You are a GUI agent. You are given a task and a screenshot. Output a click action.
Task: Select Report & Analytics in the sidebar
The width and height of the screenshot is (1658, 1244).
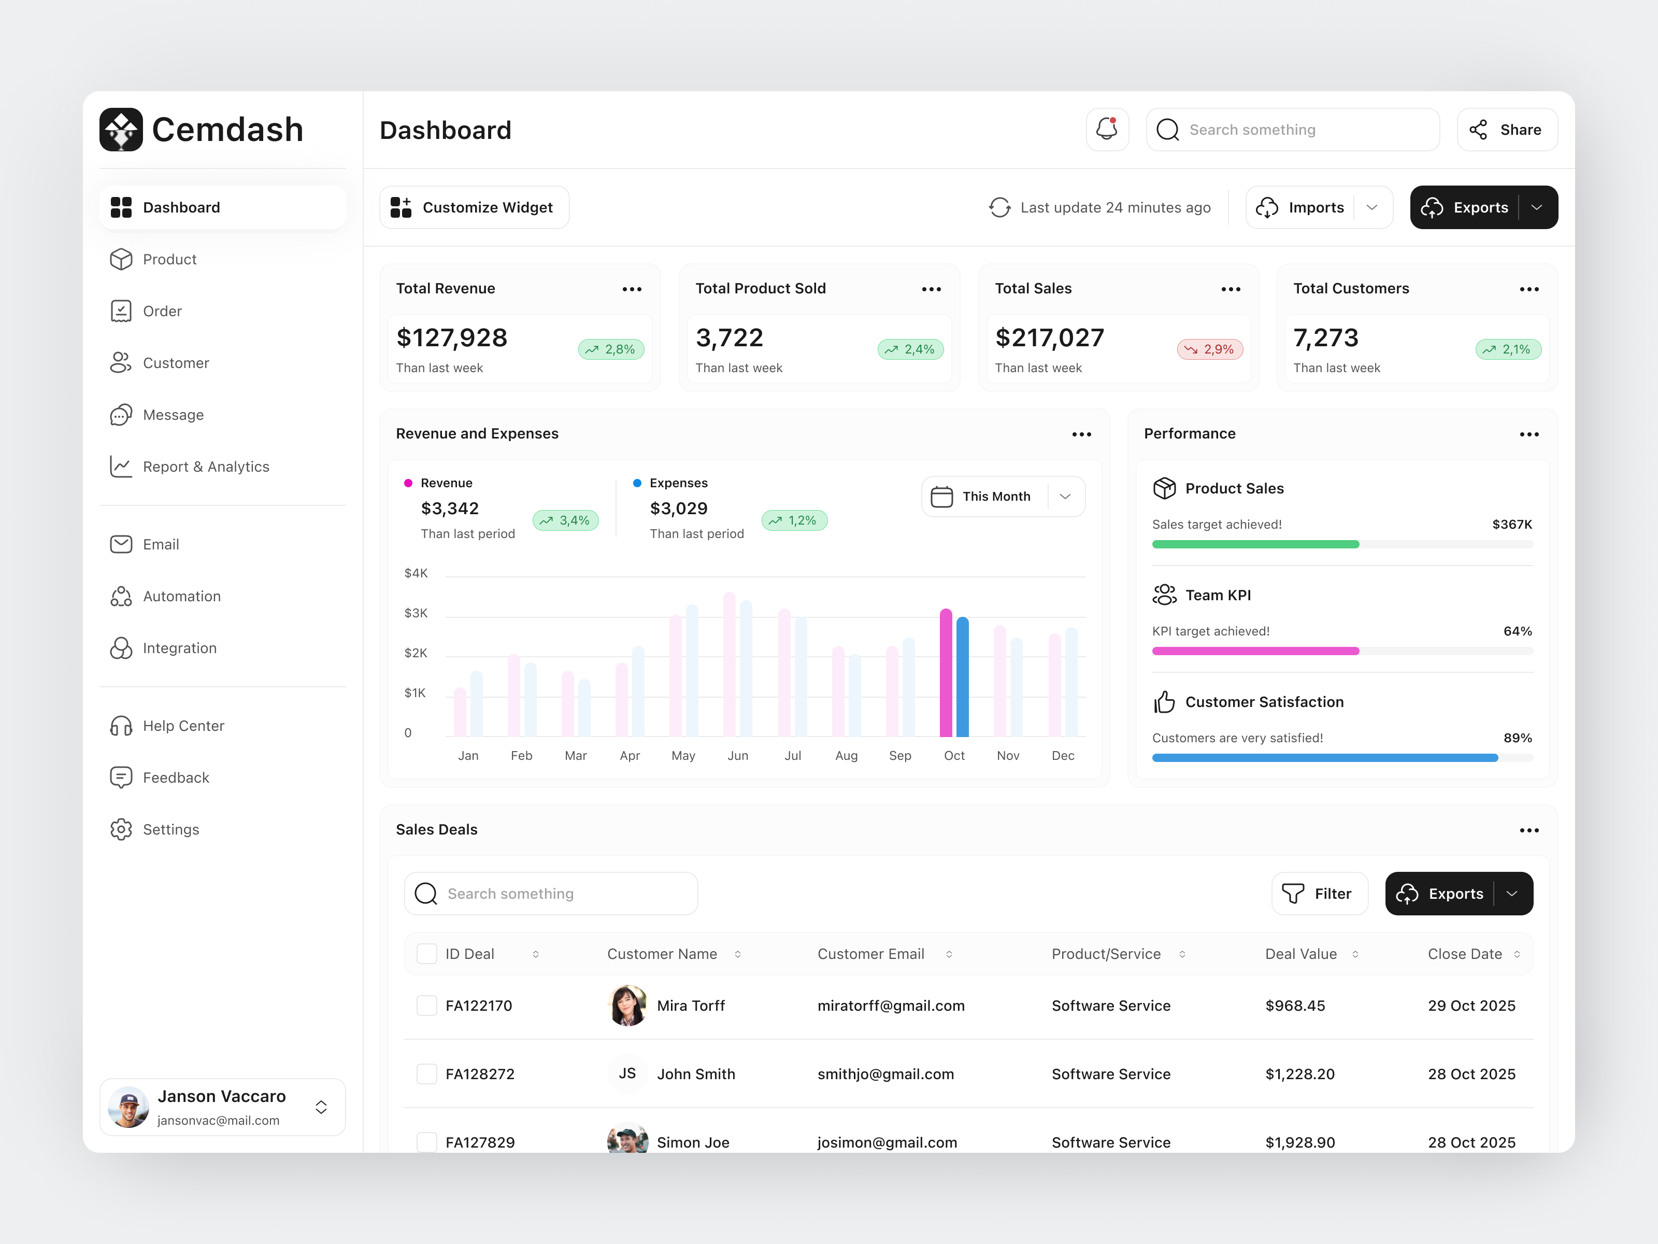click(x=205, y=466)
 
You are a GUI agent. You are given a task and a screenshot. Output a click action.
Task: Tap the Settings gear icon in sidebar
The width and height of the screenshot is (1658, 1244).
click(x=121, y=829)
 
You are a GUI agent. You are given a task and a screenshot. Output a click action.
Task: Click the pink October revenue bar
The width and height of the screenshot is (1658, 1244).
click(x=946, y=673)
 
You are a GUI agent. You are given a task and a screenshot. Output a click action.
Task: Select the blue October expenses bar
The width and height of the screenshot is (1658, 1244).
click(x=963, y=676)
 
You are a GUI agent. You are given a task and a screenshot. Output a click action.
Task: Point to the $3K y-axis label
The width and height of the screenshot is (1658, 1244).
click(x=416, y=613)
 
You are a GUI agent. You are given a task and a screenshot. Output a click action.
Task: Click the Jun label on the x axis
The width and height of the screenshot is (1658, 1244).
click(x=738, y=756)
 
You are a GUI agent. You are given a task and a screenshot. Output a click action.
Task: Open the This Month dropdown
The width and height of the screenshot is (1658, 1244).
click(x=1002, y=497)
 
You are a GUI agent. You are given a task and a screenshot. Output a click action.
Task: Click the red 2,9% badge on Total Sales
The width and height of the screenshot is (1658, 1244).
click(x=1210, y=349)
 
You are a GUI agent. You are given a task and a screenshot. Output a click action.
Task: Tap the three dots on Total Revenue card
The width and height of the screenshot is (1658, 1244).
click(x=632, y=289)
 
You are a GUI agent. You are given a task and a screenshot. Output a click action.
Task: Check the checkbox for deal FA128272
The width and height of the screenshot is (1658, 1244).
click(x=426, y=1074)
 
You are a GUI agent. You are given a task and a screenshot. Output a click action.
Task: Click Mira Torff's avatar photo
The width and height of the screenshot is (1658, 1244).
click(x=627, y=1006)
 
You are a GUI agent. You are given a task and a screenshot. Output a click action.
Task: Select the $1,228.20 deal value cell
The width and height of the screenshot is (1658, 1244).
click(x=1299, y=1074)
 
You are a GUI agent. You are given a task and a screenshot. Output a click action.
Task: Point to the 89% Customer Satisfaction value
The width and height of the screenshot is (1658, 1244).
click(x=1517, y=738)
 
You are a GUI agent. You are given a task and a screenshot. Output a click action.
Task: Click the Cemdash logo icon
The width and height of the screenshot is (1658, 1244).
click(x=121, y=130)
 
